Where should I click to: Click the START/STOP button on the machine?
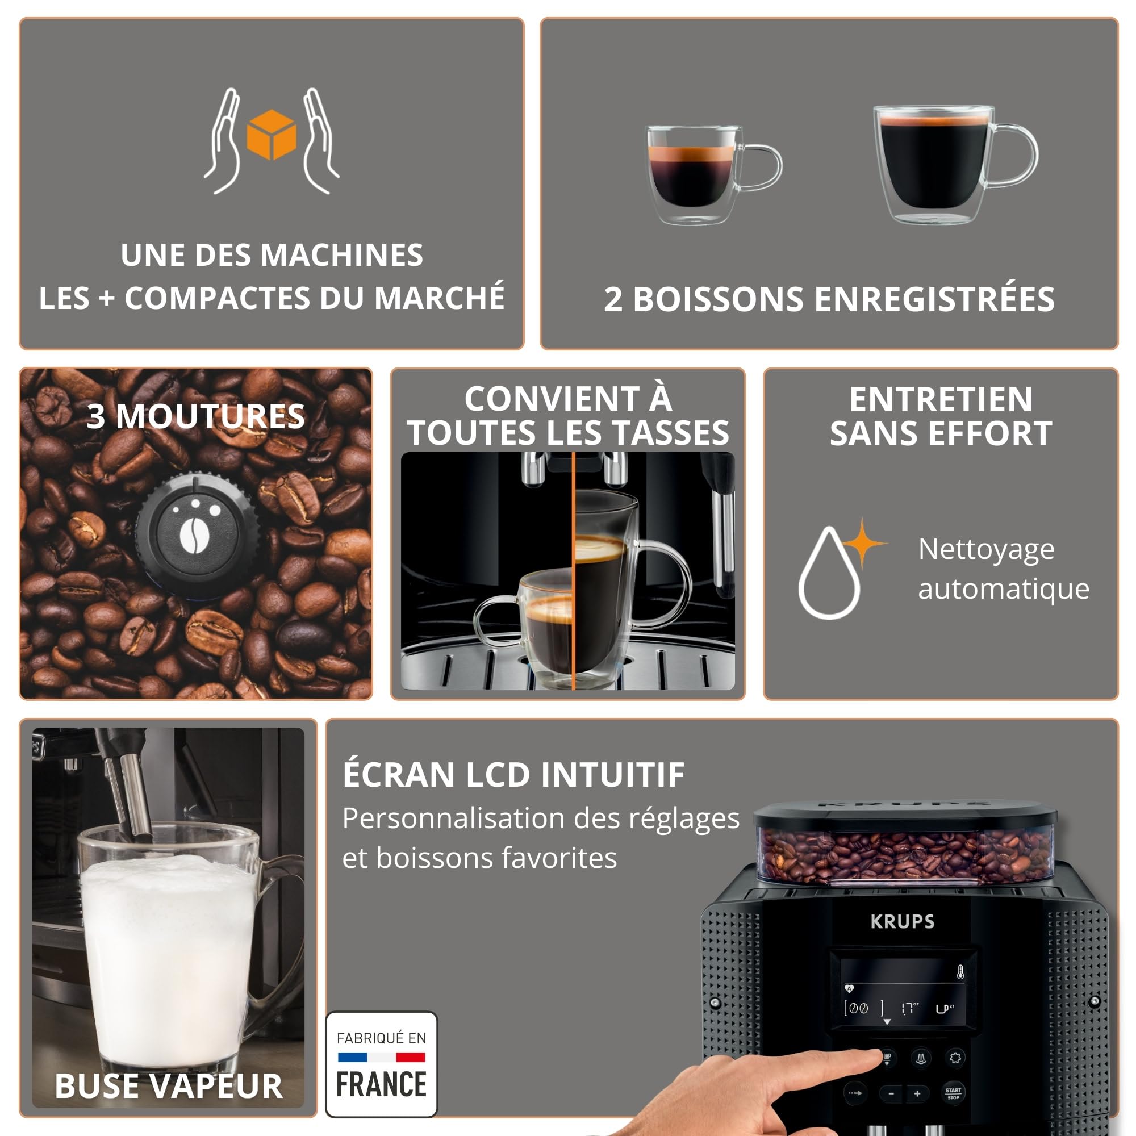click(953, 1093)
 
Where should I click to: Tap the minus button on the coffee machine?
click(891, 1093)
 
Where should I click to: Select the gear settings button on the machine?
click(955, 1058)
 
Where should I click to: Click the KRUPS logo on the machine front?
click(902, 921)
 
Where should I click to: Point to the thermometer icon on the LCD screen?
click(960, 972)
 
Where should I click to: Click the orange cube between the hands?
click(271, 135)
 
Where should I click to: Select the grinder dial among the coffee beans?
click(197, 536)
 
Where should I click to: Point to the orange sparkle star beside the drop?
click(863, 542)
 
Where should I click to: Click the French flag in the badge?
click(381, 1057)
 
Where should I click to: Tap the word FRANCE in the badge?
click(381, 1085)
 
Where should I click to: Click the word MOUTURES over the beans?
click(210, 416)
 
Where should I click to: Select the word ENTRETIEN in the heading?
click(940, 400)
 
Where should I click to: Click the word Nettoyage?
click(986, 550)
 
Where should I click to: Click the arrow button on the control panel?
click(855, 1093)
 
